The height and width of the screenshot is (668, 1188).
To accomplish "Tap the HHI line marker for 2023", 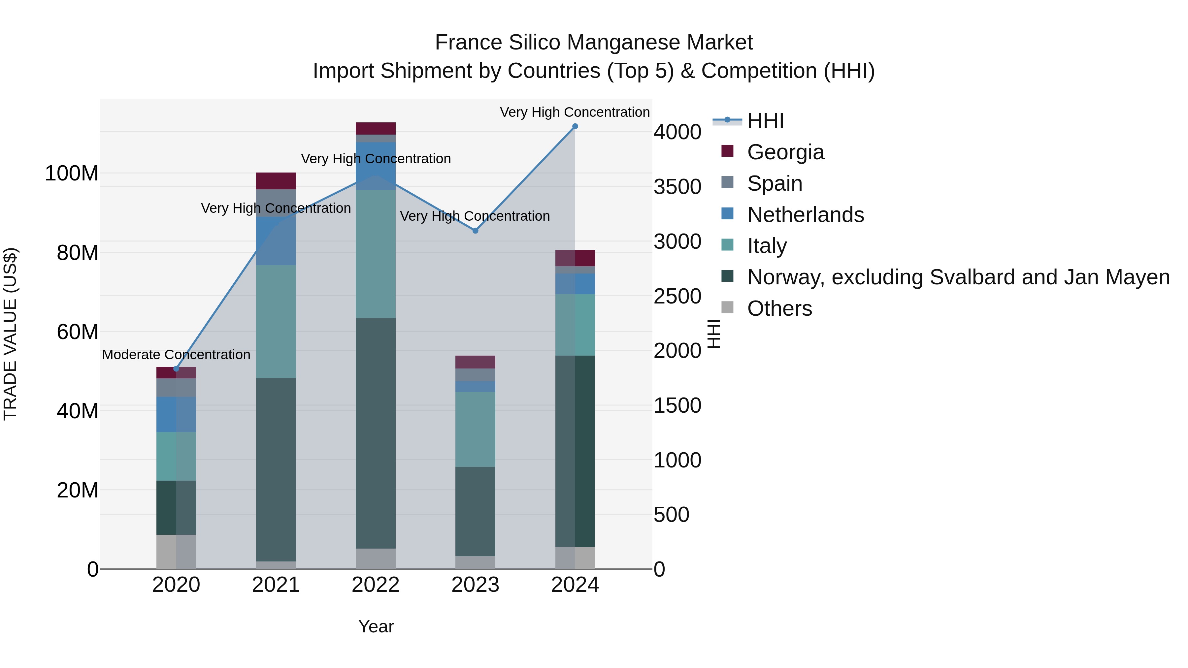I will click(476, 231).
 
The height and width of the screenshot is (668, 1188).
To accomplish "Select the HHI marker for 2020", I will click(176, 369).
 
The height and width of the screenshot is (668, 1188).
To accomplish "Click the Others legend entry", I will click(779, 309).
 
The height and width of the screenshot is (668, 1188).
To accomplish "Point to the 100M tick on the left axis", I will click(72, 174).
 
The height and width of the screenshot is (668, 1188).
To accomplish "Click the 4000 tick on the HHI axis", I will click(677, 132).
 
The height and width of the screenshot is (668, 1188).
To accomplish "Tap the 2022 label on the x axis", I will click(376, 585).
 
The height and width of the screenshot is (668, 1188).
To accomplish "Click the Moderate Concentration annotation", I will click(176, 355).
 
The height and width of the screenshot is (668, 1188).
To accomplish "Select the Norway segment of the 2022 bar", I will click(376, 433).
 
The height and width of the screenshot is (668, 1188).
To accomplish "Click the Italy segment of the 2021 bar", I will click(276, 322).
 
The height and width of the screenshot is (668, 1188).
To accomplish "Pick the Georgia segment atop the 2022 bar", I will click(376, 129).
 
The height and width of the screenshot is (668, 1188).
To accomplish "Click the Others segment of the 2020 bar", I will click(176, 552).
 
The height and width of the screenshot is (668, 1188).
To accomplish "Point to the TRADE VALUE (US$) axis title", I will click(10, 334).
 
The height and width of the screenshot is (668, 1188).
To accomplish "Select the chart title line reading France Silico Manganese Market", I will click(594, 43).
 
